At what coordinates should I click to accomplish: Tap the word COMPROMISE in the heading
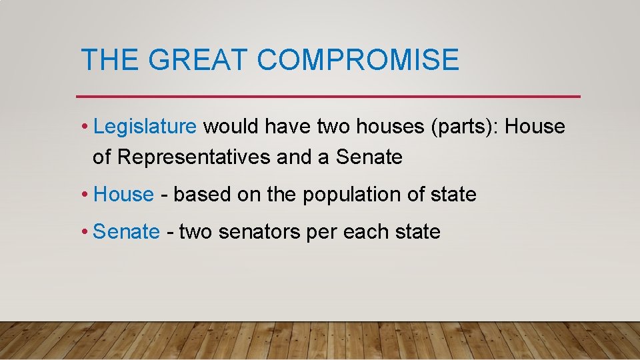point(358,59)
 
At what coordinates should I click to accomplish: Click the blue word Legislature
point(145,126)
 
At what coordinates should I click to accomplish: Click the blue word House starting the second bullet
point(124,195)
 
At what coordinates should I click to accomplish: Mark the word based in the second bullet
point(199,195)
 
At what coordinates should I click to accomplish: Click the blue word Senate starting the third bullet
point(127,232)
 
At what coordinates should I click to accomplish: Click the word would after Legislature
point(230,126)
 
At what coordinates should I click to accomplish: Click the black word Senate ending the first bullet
point(369,157)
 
